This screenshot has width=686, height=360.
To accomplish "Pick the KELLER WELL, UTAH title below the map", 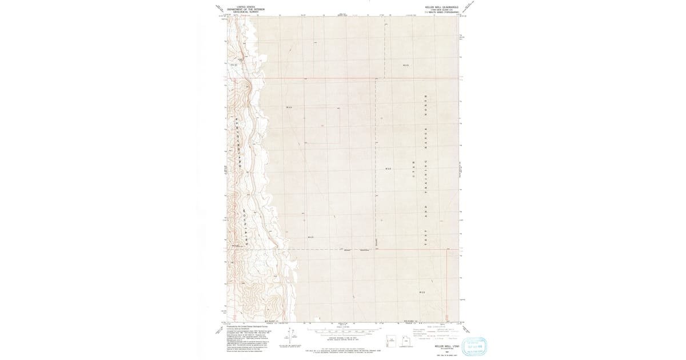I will pos(444,346).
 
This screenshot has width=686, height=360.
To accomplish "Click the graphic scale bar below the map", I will pos(342,331).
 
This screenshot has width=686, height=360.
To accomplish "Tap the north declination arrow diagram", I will pos(292,334).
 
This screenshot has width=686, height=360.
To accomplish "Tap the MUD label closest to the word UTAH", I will pos(389,169).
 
